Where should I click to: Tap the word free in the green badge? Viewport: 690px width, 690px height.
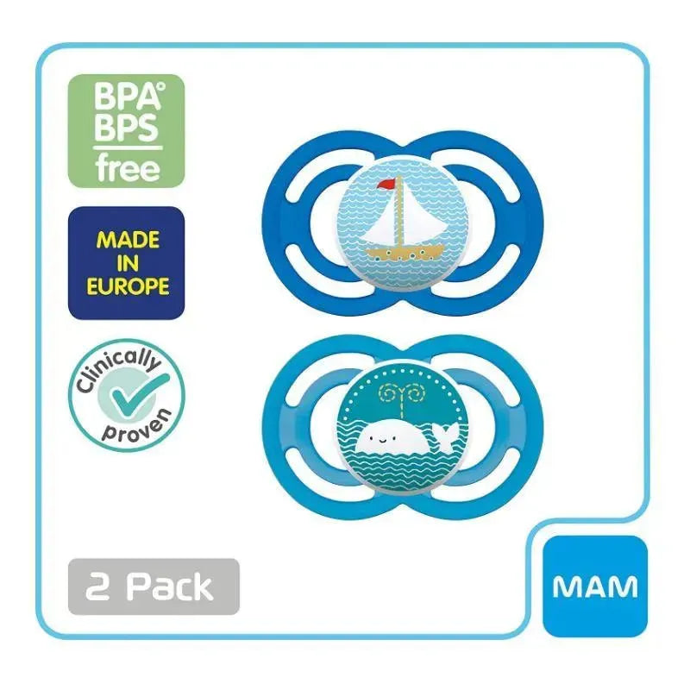pyautogui.click(x=115, y=166)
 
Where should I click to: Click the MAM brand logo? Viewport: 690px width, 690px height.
pyautogui.click(x=595, y=586)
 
